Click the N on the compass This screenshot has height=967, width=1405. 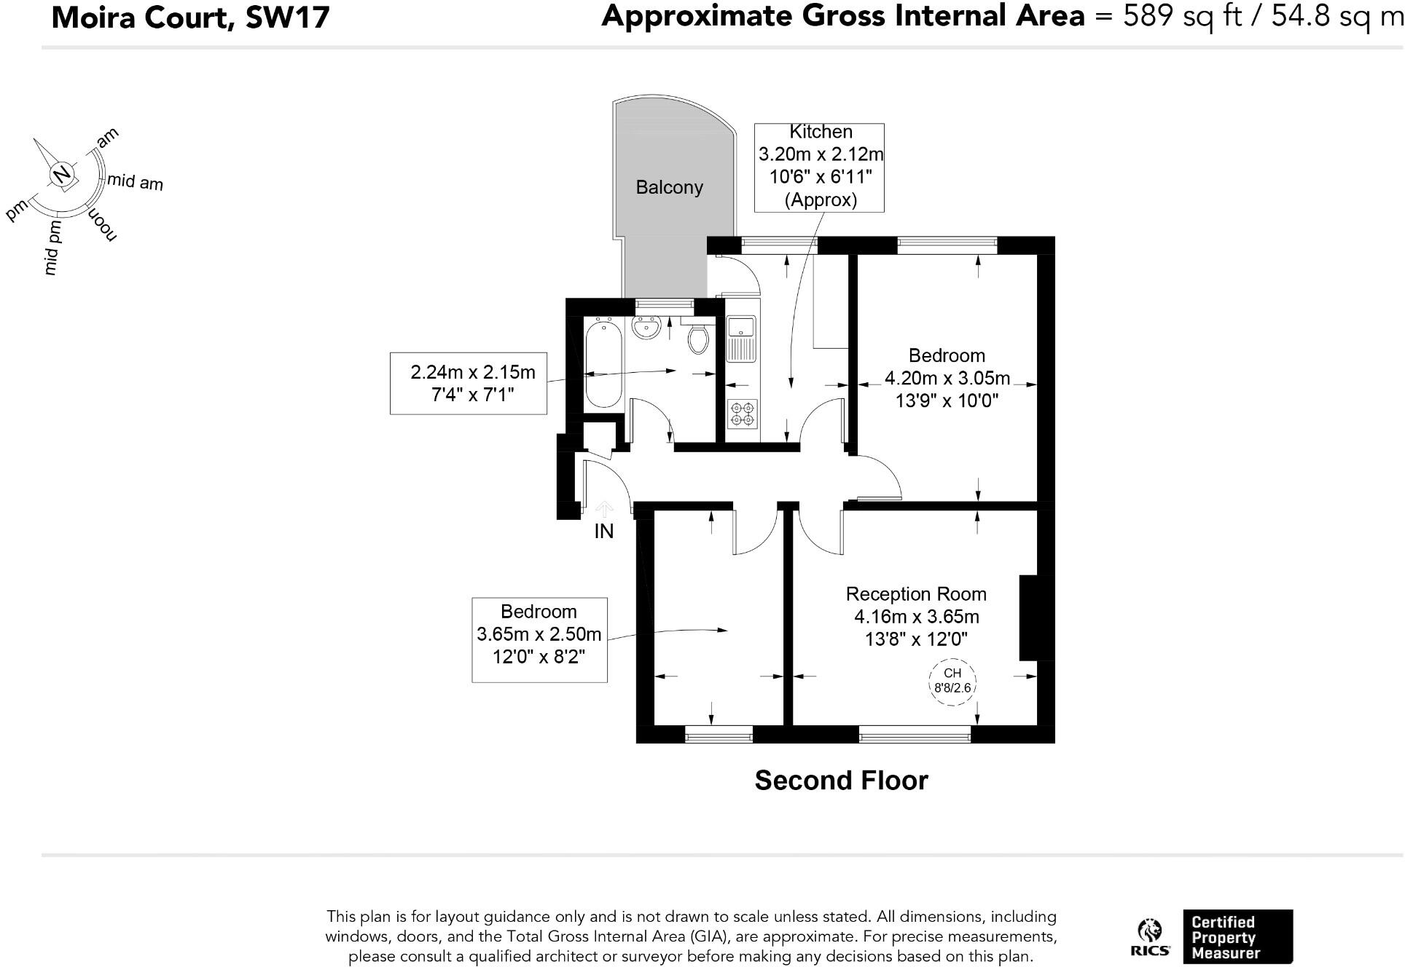coord(63,174)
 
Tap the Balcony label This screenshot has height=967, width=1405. coord(669,188)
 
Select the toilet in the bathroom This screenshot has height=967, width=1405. coord(698,338)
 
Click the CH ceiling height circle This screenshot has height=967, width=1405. coord(952,681)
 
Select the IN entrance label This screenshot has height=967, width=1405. coord(603,532)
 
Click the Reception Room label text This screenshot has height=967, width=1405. coord(916,594)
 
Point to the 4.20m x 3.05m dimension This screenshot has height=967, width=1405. coord(947,379)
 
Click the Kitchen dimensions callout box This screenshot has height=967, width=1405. coord(819,167)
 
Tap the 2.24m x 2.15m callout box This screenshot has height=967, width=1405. coord(469,383)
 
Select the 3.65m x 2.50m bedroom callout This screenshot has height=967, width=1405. coord(539,640)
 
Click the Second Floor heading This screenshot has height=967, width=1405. coord(841,781)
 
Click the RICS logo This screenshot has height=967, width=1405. coord(1149,938)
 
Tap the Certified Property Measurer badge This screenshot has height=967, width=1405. coord(1237,937)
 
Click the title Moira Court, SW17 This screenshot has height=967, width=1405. coord(190,17)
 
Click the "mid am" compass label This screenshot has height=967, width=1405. coord(135,182)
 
